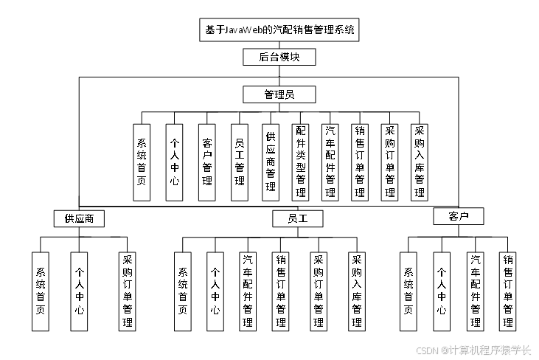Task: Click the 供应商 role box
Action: click(78, 218)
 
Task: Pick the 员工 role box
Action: click(296, 218)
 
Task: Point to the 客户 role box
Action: click(458, 216)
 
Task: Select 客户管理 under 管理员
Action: click(207, 162)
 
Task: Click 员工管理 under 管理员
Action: click(239, 162)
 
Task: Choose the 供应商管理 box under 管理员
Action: click(271, 162)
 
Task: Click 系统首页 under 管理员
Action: click(142, 162)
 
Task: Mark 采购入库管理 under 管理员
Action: click(420, 162)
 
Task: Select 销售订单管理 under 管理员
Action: click(359, 162)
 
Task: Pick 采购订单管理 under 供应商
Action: click(127, 291)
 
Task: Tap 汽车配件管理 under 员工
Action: click(248, 291)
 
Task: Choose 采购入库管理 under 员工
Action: click(357, 291)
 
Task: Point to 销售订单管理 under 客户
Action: click(507, 291)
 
